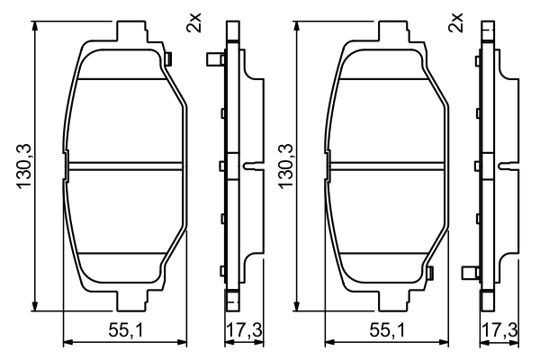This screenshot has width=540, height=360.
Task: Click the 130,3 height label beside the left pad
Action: click(x=24, y=166)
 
